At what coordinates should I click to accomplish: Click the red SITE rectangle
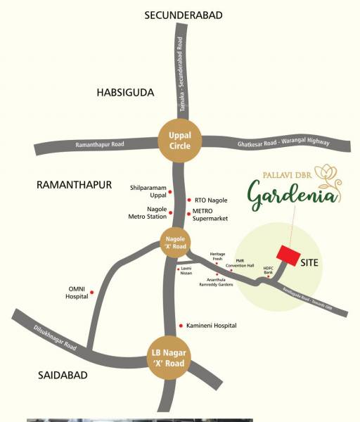pos(286,255)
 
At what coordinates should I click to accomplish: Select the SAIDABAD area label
pos(63,376)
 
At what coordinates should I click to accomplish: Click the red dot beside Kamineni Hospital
pos(181,326)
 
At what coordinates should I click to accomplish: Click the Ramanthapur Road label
pos(99,145)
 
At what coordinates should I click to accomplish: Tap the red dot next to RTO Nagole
pos(188,200)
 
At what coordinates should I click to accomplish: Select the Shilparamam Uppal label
pos(150,191)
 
